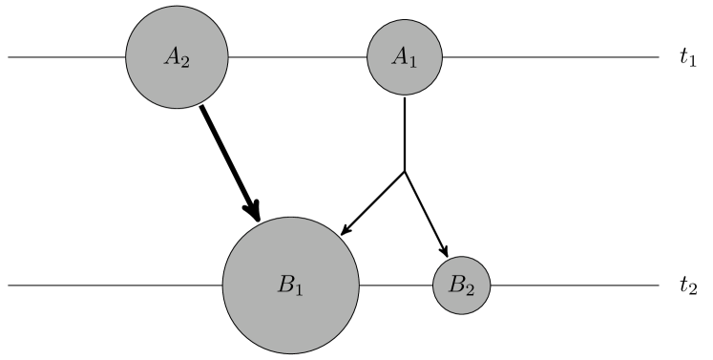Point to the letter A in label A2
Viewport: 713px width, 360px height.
(172, 56)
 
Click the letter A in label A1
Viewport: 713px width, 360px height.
(400, 56)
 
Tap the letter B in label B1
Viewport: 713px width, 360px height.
(285, 284)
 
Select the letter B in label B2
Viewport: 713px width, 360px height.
(457, 284)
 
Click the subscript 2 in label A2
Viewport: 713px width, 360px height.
(185, 61)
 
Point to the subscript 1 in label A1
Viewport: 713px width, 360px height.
(413, 61)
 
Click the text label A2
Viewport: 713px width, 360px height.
(177, 57)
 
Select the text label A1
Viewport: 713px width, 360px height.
(405, 57)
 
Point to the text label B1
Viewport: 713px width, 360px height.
(290, 285)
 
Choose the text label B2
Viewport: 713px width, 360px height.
(462, 285)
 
